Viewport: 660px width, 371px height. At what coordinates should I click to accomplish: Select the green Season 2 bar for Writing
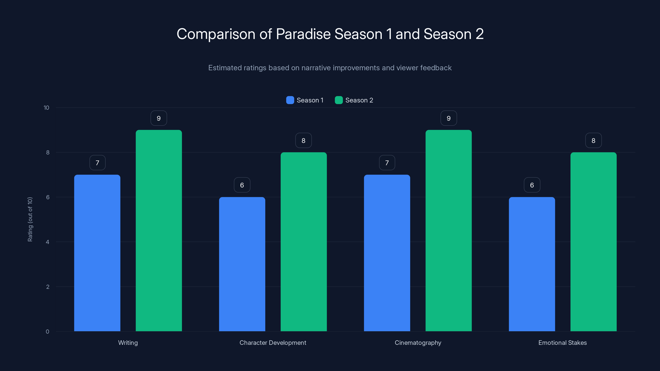point(159,230)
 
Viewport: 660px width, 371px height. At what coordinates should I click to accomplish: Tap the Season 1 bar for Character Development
point(242,264)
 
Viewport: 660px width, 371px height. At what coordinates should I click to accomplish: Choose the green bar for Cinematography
point(448,230)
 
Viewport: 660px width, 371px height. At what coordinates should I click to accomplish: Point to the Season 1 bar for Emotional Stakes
point(532,264)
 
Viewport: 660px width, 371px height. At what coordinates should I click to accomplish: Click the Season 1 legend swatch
point(290,100)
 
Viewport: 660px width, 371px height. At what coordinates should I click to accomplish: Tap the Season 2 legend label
point(359,100)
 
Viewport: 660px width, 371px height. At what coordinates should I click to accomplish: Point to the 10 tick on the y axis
point(46,108)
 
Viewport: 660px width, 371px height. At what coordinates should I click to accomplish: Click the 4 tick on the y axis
point(47,242)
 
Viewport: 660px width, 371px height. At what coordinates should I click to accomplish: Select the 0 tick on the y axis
point(47,332)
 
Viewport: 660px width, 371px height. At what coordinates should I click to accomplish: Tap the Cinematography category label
point(418,343)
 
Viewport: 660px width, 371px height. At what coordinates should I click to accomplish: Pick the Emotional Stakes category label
point(562,343)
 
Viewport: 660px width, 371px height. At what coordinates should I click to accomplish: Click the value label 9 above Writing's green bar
point(159,118)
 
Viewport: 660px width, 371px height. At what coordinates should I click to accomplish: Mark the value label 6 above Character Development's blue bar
point(242,185)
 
